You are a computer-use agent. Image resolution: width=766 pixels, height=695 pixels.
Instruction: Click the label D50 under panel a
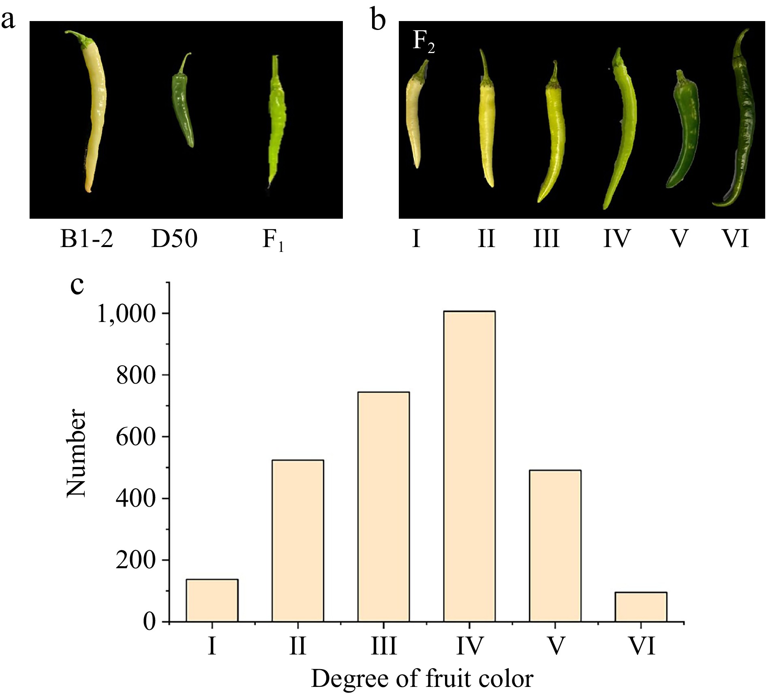[174, 239]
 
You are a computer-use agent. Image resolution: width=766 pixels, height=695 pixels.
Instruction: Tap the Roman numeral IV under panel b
[617, 239]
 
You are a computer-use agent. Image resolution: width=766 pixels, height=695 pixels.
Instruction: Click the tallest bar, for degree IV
[469, 466]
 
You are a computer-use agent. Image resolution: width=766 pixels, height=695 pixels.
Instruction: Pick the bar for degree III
[383, 506]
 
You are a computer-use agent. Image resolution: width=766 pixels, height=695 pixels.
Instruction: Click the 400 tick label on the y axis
[136, 499]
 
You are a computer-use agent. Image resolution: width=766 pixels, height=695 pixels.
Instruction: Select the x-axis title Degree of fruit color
[422, 679]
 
